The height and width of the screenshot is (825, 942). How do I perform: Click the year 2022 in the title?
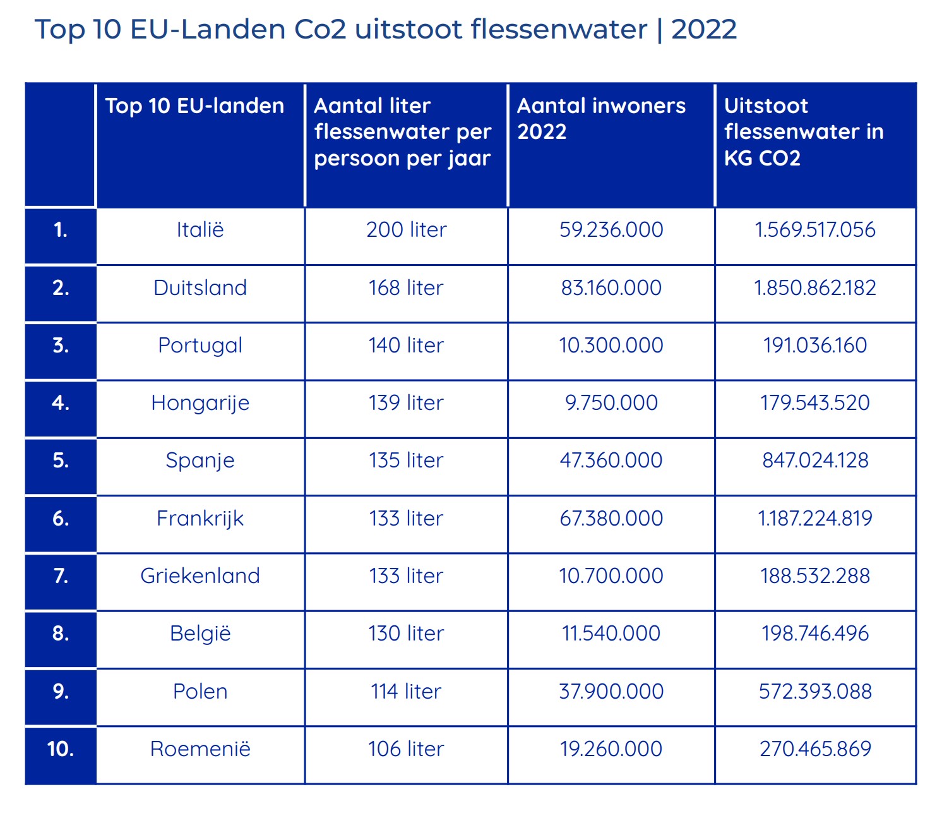pyautogui.click(x=703, y=30)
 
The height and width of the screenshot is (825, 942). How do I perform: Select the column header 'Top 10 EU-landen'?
pyautogui.click(x=194, y=106)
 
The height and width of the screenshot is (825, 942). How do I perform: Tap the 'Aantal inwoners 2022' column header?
pyautogui.click(x=601, y=119)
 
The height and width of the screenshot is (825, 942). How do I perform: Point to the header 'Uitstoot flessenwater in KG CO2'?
pyautogui.click(x=803, y=131)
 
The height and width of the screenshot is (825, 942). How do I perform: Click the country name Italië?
pyautogui.click(x=200, y=230)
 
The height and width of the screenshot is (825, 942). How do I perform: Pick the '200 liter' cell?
pyautogui.click(x=406, y=230)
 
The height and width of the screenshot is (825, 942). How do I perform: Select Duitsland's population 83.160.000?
pyautogui.click(x=611, y=288)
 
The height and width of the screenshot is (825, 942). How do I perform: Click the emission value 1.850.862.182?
pyautogui.click(x=815, y=288)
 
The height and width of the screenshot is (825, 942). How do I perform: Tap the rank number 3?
pyautogui.click(x=61, y=346)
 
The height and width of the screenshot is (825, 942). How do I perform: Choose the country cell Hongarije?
pyautogui.click(x=200, y=403)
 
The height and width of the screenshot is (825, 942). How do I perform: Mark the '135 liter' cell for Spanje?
pyautogui.click(x=406, y=461)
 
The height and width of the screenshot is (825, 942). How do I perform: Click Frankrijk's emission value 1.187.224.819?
pyautogui.click(x=815, y=519)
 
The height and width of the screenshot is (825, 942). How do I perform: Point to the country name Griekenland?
pyautogui.click(x=200, y=576)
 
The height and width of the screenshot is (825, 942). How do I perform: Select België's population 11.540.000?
pyautogui.click(x=611, y=634)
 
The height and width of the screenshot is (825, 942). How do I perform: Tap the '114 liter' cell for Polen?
pyautogui.click(x=406, y=692)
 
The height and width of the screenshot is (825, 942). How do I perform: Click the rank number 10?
pyautogui.click(x=61, y=749)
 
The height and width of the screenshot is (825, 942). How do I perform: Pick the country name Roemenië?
pyautogui.click(x=200, y=749)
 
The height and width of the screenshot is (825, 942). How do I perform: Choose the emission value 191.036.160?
pyautogui.click(x=815, y=346)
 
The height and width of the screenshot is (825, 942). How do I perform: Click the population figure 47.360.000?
pyautogui.click(x=611, y=461)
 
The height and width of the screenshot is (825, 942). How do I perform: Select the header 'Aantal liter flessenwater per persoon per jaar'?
pyautogui.click(x=402, y=131)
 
